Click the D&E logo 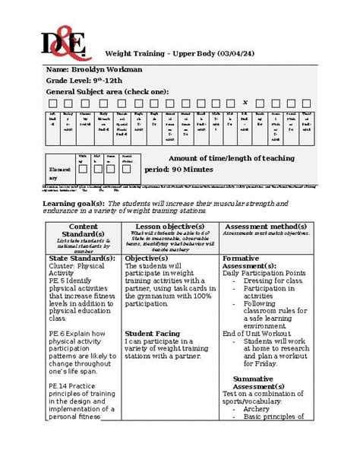click(x=64, y=34)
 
